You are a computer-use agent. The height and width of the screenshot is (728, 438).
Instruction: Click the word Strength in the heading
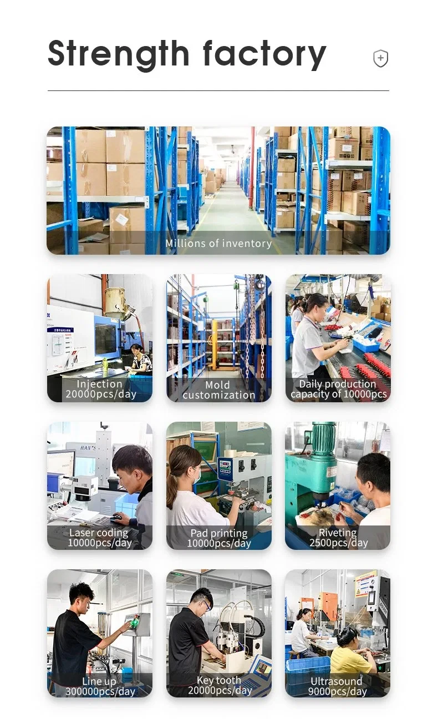coord(119,54)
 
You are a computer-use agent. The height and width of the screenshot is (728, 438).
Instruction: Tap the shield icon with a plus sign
coord(380,58)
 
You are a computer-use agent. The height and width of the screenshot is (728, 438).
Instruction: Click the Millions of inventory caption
coord(218,243)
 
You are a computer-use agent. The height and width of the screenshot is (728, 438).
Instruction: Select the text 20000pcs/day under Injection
coord(101,394)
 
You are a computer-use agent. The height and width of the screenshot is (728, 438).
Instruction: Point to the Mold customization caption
coord(218,390)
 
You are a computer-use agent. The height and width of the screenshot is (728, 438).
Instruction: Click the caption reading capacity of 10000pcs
coord(339,394)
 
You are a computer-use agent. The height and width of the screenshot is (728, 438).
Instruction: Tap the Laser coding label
coord(99,533)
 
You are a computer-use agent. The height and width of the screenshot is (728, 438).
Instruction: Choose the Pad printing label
coord(219,533)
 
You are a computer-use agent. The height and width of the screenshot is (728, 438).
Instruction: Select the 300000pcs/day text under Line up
coord(100,691)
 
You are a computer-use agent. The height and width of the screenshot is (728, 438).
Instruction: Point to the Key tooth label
coord(219,680)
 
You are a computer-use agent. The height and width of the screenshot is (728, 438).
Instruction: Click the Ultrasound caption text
coord(337,681)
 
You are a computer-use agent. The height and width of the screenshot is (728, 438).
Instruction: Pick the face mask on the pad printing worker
coord(196,475)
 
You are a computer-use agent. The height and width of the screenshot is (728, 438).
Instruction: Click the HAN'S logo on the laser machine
coord(89,448)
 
